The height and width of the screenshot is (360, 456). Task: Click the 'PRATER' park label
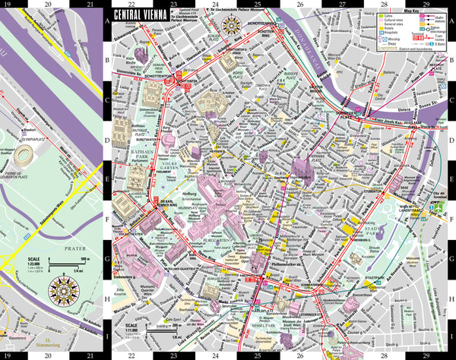(x=67, y=245)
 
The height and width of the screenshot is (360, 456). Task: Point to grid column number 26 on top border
(x=300, y=3)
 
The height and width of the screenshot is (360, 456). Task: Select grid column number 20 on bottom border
(x=49, y=355)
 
